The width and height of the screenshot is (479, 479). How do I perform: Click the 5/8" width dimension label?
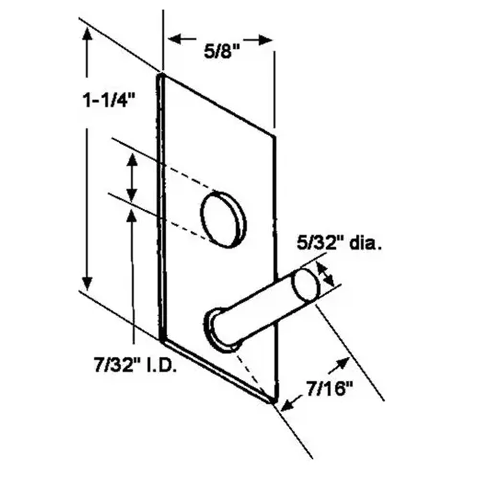(222, 52)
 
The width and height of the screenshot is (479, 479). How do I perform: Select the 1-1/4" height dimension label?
(108, 101)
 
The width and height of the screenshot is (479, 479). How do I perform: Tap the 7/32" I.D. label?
(135, 364)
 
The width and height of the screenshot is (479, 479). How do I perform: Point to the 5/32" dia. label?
(339, 243)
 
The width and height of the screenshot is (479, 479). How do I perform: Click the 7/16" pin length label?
(330, 389)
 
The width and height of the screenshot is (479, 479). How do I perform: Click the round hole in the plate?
(223, 219)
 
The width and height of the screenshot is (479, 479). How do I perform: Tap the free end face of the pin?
(307, 285)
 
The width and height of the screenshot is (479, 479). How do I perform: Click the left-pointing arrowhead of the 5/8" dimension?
(176, 39)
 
